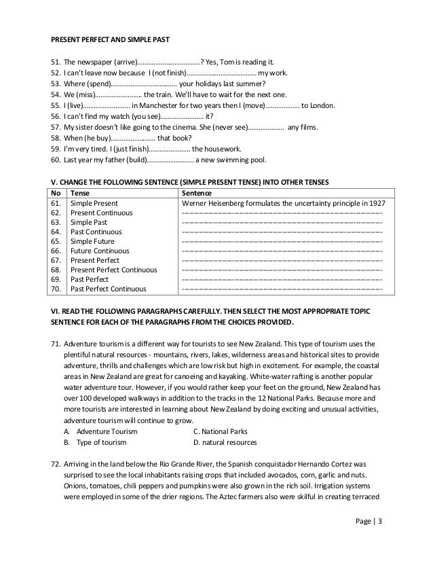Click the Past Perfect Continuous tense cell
109,289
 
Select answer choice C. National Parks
221,431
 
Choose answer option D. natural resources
225,442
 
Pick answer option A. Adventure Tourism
100,431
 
